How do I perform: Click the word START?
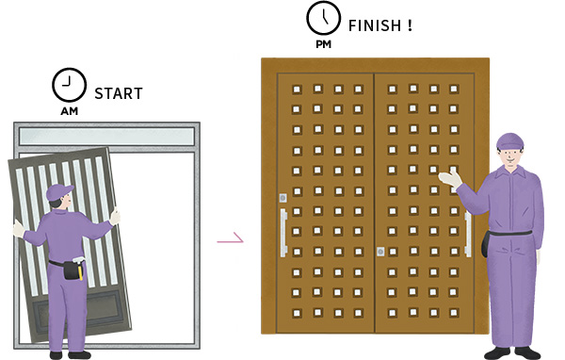(x=119, y=93)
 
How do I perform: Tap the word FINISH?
(x=375, y=25)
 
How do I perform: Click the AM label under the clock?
(x=69, y=111)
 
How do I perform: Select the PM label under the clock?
(x=324, y=44)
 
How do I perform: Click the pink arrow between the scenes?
(x=231, y=239)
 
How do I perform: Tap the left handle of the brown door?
(x=283, y=233)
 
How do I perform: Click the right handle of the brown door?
(x=468, y=235)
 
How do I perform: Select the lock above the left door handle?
(x=283, y=198)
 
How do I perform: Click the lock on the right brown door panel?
(x=380, y=252)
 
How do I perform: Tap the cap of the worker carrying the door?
(x=58, y=192)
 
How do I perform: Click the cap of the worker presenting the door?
(x=509, y=140)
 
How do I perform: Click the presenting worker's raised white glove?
(x=450, y=179)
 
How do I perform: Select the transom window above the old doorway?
(x=106, y=137)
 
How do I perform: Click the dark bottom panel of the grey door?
(x=79, y=308)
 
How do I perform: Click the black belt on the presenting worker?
(x=510, y=233)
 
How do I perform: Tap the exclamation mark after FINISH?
(x=410, y=25)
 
